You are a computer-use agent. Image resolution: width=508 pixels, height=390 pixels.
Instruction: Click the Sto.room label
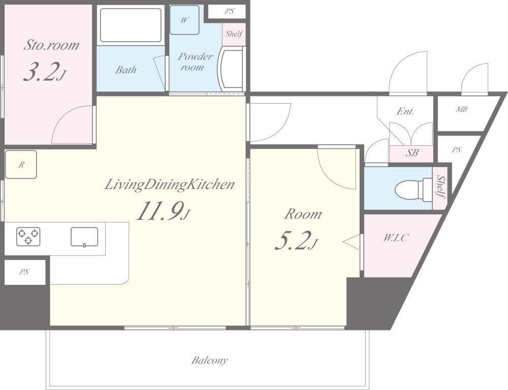[x=51, y=45]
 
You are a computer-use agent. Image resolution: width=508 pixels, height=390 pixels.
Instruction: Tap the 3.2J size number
[x=45, y=72]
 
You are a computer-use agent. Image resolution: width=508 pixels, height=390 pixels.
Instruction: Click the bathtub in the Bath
[x=131, y=25]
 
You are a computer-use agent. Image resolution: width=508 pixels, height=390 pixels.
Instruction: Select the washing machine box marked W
[x=184, y=20]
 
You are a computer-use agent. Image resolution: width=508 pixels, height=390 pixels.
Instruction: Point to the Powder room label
[x=195, y=61]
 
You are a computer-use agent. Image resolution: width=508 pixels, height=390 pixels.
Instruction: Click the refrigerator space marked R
[x=21, y=165]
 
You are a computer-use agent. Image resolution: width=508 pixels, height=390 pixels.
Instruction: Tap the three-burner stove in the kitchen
[x=28, y=236]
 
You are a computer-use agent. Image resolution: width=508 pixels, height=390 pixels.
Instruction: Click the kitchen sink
[x=84, y=237]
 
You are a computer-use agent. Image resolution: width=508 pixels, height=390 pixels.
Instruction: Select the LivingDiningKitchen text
[x=170, y=185]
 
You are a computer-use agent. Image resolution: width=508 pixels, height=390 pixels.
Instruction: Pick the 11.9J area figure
[x=163, y=211]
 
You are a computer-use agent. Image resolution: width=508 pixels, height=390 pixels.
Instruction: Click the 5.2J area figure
[x=295, y=241]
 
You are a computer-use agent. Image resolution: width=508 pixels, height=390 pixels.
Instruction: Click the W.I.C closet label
[x=396, y=238]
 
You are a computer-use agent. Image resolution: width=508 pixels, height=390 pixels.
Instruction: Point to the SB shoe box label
[x=412, y=153]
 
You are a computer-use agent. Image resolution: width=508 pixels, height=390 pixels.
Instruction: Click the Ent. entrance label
[x=405, y=111]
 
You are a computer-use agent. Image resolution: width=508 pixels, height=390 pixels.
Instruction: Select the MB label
[x=461, y=110]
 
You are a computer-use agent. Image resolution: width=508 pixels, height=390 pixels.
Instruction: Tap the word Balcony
[x=209, y=360]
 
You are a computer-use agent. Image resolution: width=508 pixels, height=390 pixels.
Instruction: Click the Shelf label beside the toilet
[x=440, y=187]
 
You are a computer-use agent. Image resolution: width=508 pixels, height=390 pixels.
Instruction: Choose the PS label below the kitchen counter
[x=24, y=272]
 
